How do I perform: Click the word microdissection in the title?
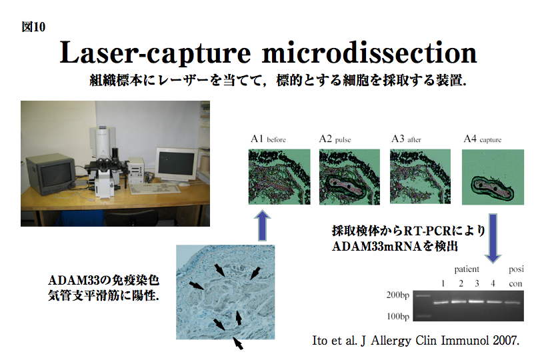369,53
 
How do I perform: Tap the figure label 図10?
33,27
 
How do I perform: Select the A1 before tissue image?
279,177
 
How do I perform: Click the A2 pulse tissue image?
349,177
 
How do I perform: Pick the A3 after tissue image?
420,177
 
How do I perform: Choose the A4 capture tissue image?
493,177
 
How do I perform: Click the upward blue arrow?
263,225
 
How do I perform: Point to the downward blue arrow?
493,239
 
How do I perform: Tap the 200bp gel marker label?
398,295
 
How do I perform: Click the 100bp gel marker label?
398,316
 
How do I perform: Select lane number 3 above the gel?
477,283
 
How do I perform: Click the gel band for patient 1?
441,303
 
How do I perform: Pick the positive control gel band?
513,303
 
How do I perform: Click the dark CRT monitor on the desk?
51,175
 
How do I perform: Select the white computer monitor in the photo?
176,165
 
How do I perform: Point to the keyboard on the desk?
155,189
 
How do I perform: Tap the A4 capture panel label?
483,139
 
